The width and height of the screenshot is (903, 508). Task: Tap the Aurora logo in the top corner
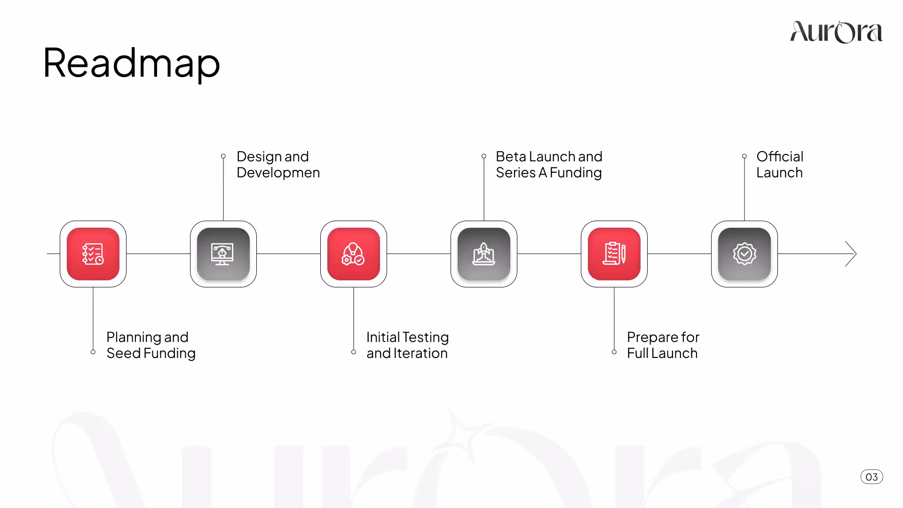(836, 32)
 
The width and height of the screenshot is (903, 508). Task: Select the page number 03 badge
(871, 477)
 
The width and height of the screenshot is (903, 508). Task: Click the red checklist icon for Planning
(93, 254)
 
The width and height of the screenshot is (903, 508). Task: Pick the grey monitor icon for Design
(223, 254)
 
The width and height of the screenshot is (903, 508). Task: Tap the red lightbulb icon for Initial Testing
(354, 254)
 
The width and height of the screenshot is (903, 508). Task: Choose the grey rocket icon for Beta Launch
(484, 254)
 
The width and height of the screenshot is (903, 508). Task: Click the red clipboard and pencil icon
(614, 254)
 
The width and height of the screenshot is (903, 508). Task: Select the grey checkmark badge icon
(745, 254)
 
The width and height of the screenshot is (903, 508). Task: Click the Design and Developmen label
(278, 165)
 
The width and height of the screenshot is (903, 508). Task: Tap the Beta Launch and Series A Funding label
(549, 165)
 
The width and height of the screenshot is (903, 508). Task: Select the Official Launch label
(779, 165)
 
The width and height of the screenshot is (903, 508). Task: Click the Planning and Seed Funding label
(150, 345)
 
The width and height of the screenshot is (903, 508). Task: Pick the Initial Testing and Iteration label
(407, 345)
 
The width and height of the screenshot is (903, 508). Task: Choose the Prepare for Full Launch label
(663, 345)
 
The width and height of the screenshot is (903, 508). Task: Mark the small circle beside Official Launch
(745, 156)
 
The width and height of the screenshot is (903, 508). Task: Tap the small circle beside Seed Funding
(93, 352)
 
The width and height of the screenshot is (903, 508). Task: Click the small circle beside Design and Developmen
(223, 156)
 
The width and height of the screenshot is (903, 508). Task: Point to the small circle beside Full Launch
(614, 352)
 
